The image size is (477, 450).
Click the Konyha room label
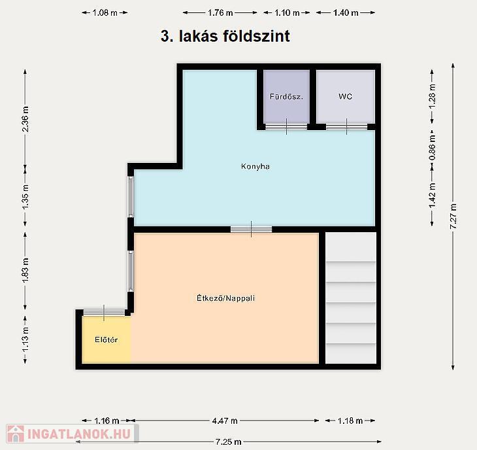pyautogui.click(x=255, y=166)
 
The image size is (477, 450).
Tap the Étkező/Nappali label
pyautogui.click(x=225, y=298)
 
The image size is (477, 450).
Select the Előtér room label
pyautogui.click(x=106, y=339)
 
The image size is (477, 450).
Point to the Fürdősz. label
pyautogui.click(x=286, y=97)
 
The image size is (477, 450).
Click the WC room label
pyautogui.click(x=345, y=97)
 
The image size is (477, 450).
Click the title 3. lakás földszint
pyautogui.click(x=225, y=36)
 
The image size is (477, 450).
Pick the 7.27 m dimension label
pyautogui.click(x=453, y=216)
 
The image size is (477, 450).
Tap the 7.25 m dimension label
pyautogui.click(x=229, y=441)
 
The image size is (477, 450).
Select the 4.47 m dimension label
pyautogui.click(x=225, y=421)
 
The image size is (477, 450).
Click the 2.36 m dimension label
pyautogui.click(x=25, y=119)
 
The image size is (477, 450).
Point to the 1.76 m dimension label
pyautogui.click(x=220, y=13)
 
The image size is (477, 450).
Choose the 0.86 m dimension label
pyautogui.click(x=432, y=148)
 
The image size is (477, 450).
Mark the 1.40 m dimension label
pyautogui.click(x=346, y=13)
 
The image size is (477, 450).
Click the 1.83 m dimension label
pyautogui.click(x=25, y=270)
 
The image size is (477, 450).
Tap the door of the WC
pyautogui.click(x=346, y=127)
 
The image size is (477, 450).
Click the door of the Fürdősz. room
pyautogui.click(x=286, y=127)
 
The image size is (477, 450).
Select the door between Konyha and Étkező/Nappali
pyautogui.click(x=252, y=229)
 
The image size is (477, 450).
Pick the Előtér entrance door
pyautogui.click(x=104, y=313)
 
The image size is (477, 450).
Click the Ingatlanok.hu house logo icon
pyautogui.click(x=16, y=434)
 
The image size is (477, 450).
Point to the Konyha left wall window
pyautogui.click(x=131, y=197)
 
